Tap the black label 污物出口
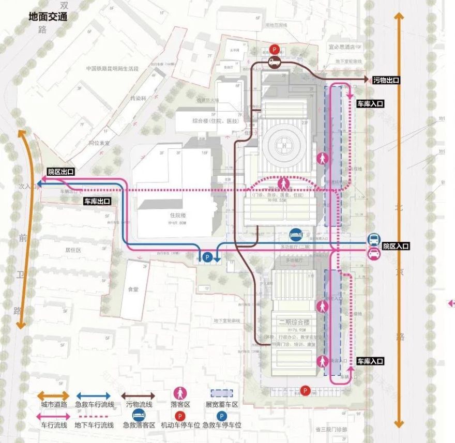tap(386, 80)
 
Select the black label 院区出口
tap(60, 172)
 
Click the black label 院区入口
tap(396, 247)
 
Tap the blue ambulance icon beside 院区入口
tap(374, 240)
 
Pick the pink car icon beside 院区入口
tap(374, 253)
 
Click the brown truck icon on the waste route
tap(275, 63)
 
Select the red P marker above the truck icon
tap(275, 50)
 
